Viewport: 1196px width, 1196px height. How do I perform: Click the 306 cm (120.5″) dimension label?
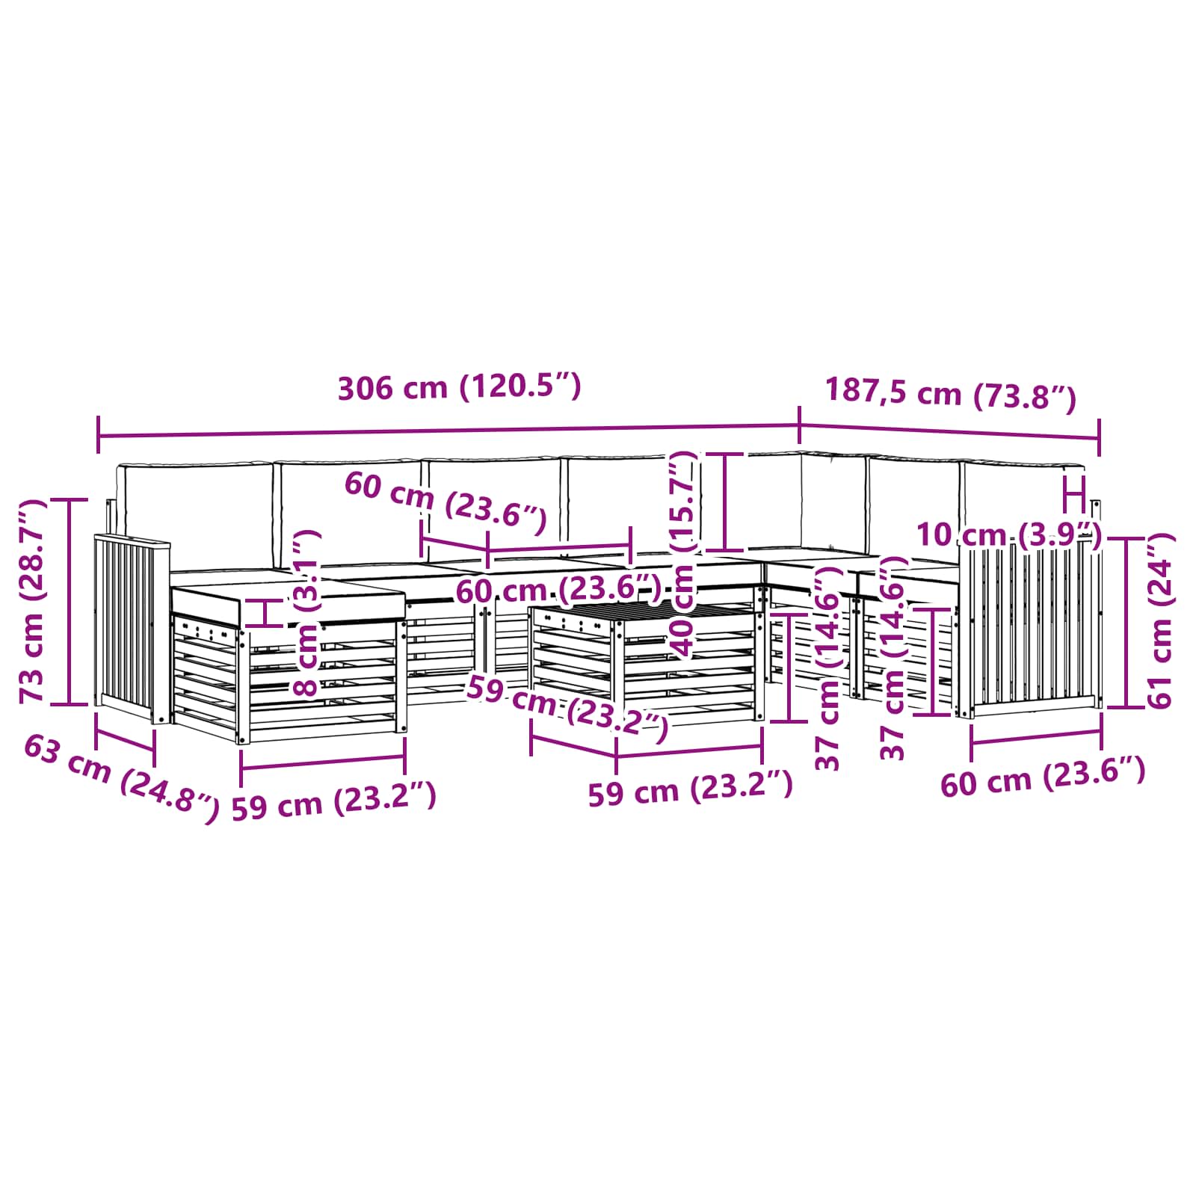459,388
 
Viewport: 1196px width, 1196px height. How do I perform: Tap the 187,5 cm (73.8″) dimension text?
950,395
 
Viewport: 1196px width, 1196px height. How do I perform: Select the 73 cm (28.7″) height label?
33,601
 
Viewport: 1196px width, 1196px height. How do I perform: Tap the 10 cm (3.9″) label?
1009,535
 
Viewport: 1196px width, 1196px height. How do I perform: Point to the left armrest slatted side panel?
132,629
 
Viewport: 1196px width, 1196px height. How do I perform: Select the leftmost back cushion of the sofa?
196,515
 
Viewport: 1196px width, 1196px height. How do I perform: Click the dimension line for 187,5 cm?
949,433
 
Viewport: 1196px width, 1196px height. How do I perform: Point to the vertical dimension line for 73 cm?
69,602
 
